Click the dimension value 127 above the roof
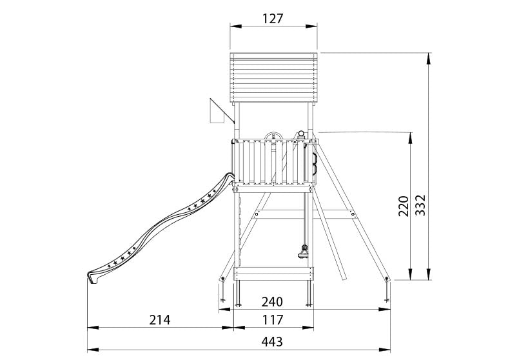(x=273, y=19)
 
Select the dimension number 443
(x=272, y=341)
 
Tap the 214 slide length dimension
(x=159, y=320)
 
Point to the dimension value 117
(x=273, y=320)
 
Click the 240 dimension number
(x=272, y=302)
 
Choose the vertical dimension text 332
(x=420, y=205)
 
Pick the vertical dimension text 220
(x=404, y=206)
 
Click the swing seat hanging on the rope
(x=304, y=252)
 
